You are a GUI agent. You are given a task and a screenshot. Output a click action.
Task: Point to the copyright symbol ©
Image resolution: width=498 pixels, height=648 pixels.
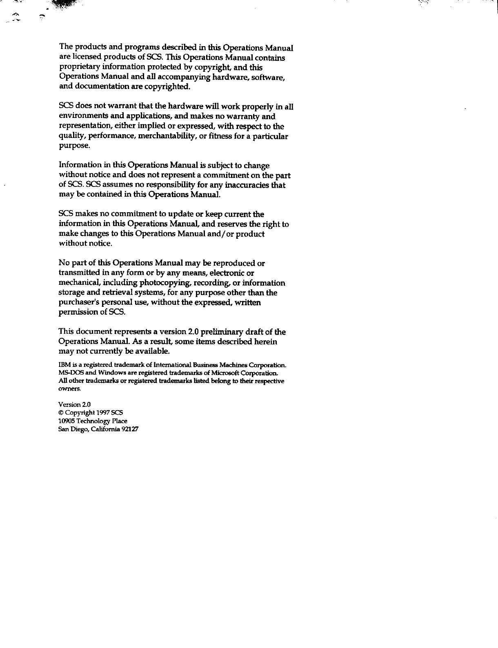pyautogui.click(x=61, y=413)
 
